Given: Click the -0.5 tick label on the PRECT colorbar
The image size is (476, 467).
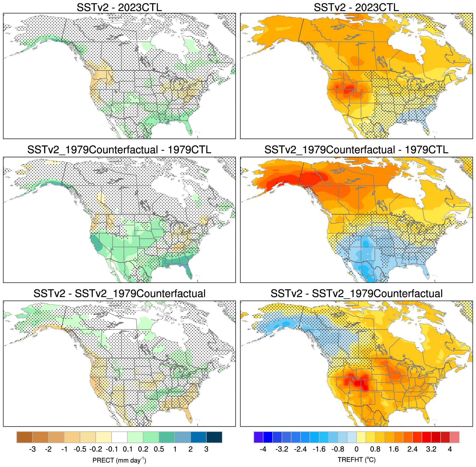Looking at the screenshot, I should (80, 449).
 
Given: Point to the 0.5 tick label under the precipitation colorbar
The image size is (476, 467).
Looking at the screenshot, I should (159, 449).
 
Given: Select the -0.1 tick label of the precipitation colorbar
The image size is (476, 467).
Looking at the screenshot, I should (111, 449).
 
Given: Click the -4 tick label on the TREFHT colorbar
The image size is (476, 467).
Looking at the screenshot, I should (263, 449).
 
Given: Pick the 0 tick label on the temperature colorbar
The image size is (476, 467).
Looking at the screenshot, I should (356, 449).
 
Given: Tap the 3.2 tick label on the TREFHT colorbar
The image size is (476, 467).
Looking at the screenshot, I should (431, 449).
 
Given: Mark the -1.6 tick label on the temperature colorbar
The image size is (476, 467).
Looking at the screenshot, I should (319, 449).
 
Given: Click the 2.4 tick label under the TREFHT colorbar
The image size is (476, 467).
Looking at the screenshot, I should (412, 449).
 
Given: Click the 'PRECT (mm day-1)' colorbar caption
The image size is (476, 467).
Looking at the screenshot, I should (119, 460).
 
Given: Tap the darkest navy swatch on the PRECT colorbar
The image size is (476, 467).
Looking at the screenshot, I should (214, 437).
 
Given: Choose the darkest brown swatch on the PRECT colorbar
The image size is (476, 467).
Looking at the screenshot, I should (25, 437).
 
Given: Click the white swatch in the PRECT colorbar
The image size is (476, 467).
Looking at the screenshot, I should (119, 437).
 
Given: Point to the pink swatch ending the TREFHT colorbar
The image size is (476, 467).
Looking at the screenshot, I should (454, 437).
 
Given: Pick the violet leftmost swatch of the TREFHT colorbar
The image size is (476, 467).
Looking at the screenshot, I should (258, 437).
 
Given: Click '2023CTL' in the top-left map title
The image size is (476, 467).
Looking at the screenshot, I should (140, 7).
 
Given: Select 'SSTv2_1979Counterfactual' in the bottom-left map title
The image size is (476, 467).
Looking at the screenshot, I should (140, 293).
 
